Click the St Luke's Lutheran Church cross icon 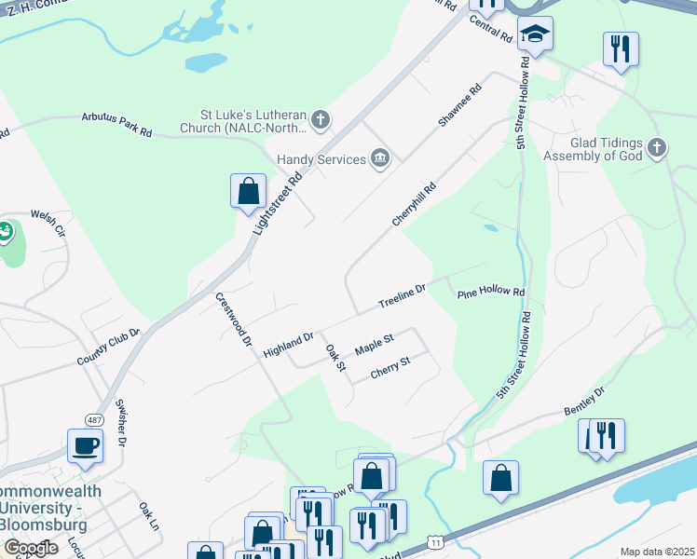click(321, 119)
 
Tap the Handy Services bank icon click(380, 159)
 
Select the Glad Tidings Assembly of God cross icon click(658, 148)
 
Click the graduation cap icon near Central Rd click(536, 35)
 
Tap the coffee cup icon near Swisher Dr click(85, 446)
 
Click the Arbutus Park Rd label click(116, 124)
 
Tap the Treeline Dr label click(402, 296)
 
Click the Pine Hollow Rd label click(491, 292)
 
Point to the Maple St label click(374, 344)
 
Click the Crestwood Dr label click(234, 320)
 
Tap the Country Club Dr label click(108, 346)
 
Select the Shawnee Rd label click(460, 106)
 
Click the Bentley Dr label click(584, 402)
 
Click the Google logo click(30, 548)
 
